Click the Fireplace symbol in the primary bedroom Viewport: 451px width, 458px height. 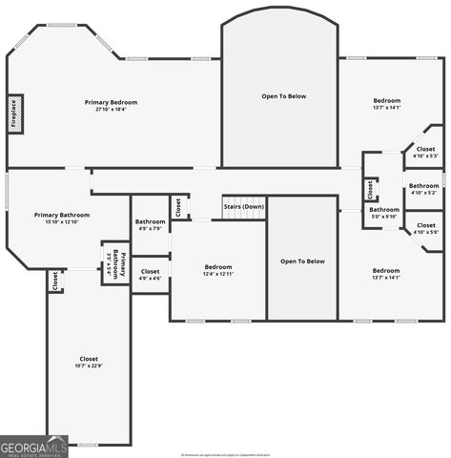[15, 112]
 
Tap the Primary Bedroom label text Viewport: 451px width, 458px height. [111, 102]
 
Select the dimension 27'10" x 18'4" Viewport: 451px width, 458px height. [111, 110]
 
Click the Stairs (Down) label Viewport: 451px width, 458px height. [243, 206]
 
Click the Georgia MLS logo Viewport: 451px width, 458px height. [34, 446]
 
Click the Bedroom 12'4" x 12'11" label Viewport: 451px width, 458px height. [218, 270]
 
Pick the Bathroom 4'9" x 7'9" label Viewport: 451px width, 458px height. [150, 224]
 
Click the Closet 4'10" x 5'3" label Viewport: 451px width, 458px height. [425, 152]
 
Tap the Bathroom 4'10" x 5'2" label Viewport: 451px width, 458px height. [423, 189]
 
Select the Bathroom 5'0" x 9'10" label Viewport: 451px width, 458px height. [384, 213]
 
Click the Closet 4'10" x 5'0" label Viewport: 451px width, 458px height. [425, 228]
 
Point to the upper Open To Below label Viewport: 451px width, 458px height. [284, 96]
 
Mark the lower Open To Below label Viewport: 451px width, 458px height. [302, 260]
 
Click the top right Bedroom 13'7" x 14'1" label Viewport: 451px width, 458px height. [386, 104]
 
